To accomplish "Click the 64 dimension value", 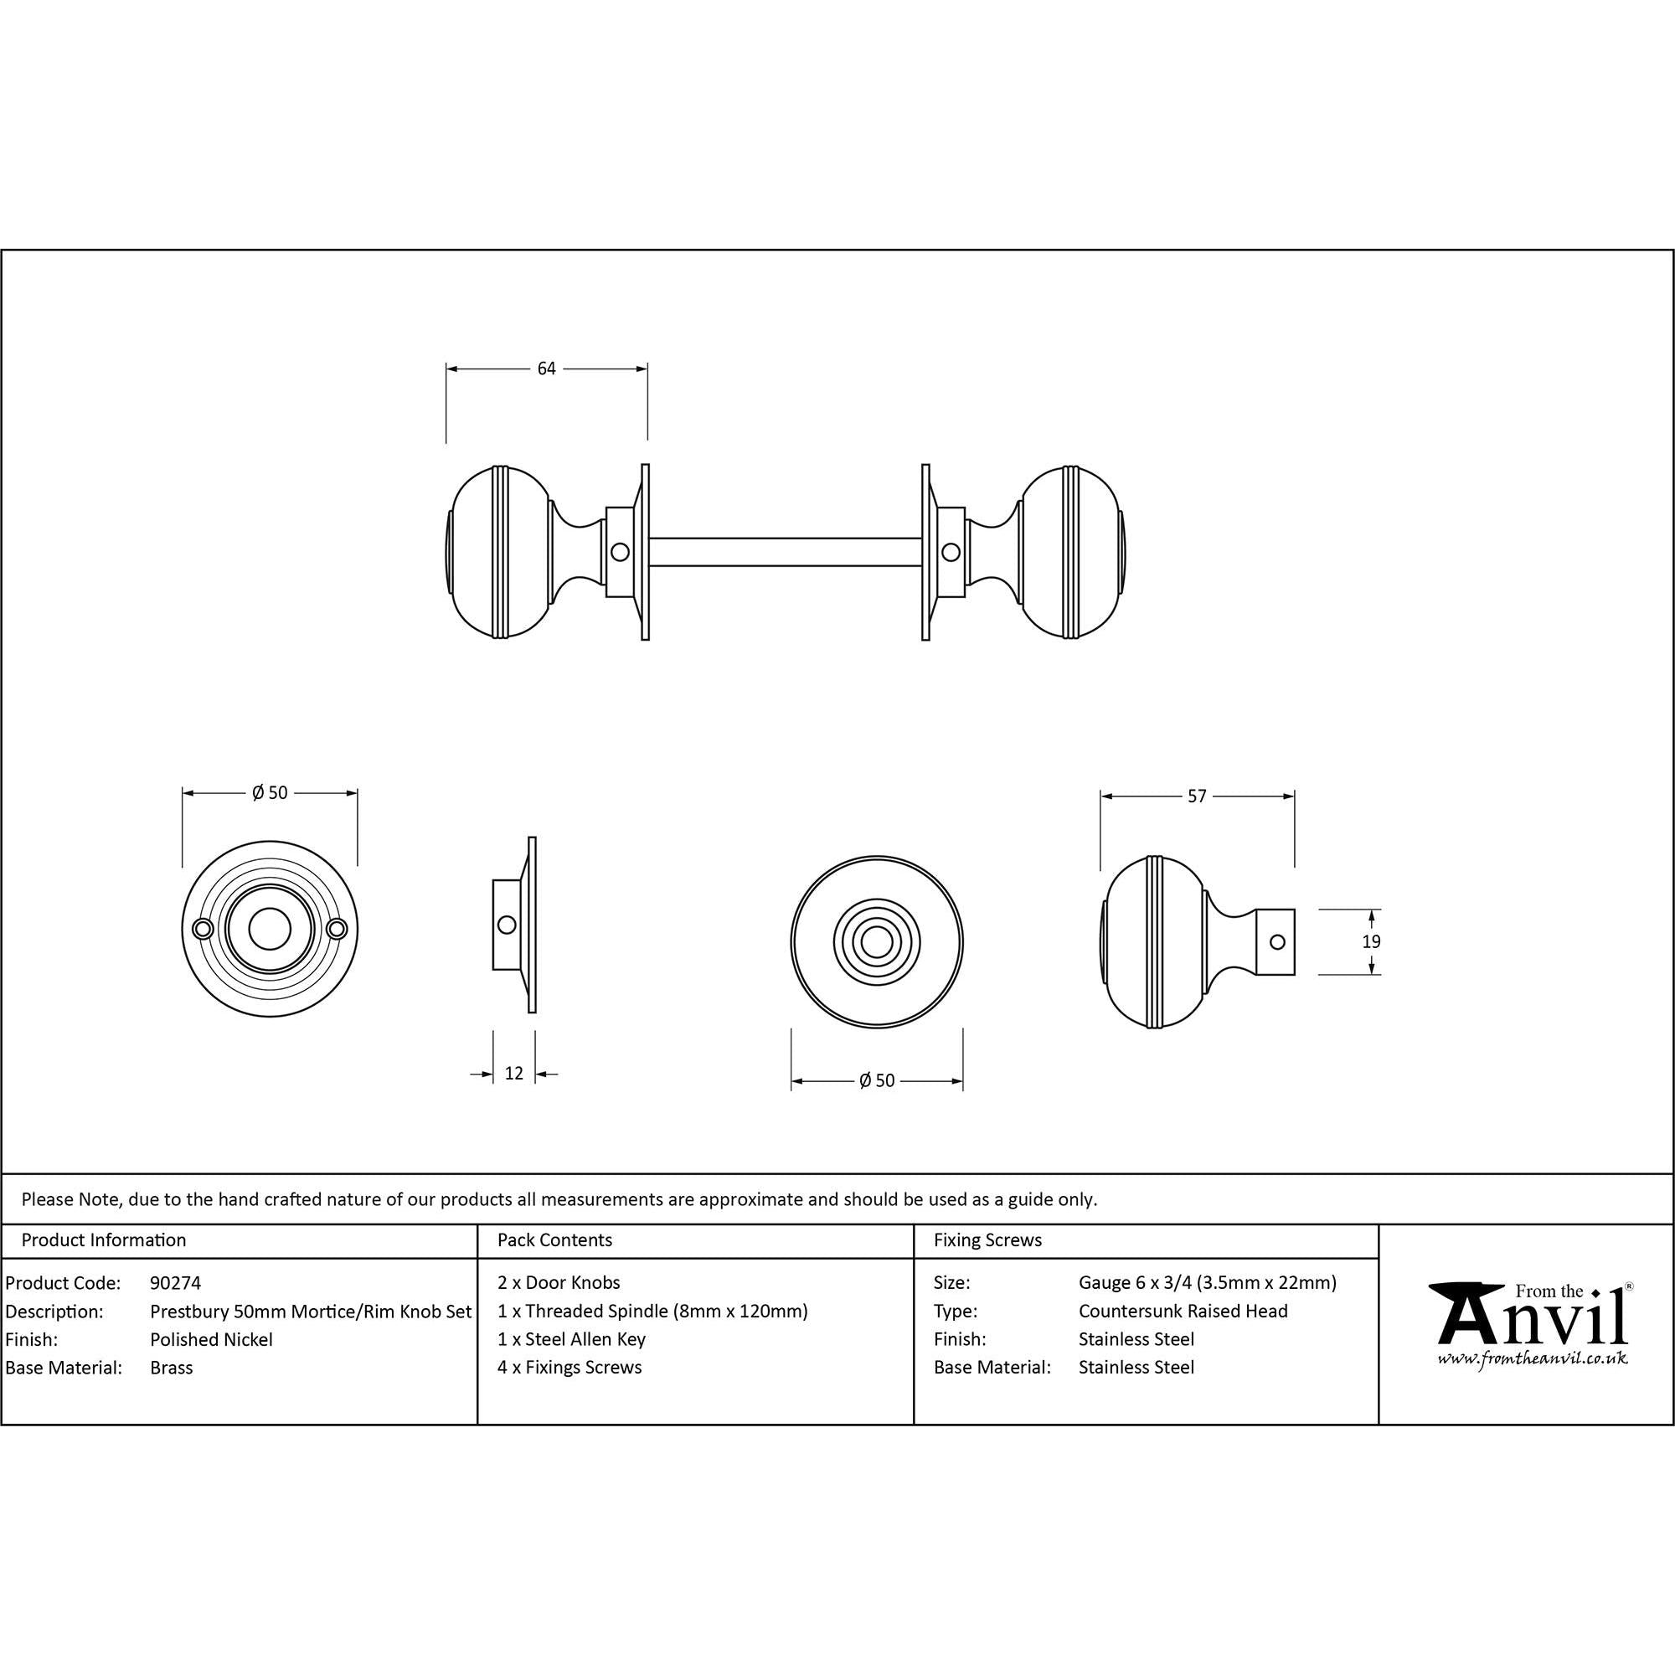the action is click(546, 368).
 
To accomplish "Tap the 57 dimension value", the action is click(1197, 796).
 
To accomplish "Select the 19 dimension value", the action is click(1371, 941).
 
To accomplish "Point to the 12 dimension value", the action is click(514, 1074).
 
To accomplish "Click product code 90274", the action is click(175, 1282).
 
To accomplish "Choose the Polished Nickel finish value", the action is click(212, 1339).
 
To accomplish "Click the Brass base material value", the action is click(172, 1368).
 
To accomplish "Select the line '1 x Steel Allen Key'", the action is click(571, 1339).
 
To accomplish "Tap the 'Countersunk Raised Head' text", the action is click(1183, 1311).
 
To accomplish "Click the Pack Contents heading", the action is click(555, 1239).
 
